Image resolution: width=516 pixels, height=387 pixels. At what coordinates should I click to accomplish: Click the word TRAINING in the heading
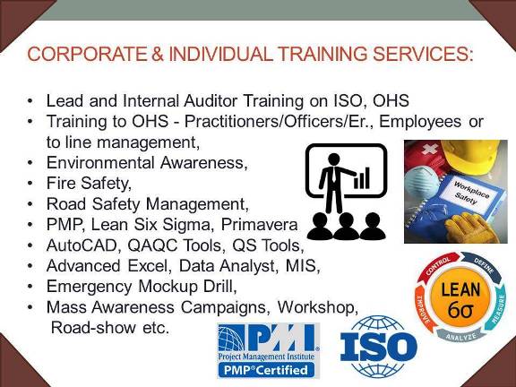pyautogui.click(x=322, y=54)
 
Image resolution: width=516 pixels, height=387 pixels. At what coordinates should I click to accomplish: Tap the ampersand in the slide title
pyautogui.click(x=158, y=54)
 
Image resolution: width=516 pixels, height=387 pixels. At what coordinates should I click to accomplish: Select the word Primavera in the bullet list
pyautogui.click(x=259, y=225)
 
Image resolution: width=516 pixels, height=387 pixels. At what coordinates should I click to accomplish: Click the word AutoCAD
pyautogui.click(x=82, y=245)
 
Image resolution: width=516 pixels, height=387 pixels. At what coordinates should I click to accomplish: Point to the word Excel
pyautogui.click(x=150, y=266)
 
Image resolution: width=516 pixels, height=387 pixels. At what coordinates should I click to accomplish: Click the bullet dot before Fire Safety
pyautogui.click(x=30, y=183)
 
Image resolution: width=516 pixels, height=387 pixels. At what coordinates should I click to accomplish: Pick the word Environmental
pyautogui.click(x=100, y=163)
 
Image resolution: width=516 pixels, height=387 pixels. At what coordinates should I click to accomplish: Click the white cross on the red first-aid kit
pyautogui.click(x=430, y=150)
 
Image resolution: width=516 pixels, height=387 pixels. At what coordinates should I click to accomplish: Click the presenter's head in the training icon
pyautogui.click(x=334, y=159)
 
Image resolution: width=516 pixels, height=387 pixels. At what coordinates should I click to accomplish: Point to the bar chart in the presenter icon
pyautogui.click(x=362, y=178)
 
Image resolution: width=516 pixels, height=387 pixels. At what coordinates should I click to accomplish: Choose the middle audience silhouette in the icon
pyautogui.click(x=346, y=226)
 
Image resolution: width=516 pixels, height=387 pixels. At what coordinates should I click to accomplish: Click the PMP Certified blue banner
pyautogui.click(x=266, y=370)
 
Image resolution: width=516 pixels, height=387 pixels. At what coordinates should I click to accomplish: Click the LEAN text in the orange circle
pyautogui.click(x=460, y=290)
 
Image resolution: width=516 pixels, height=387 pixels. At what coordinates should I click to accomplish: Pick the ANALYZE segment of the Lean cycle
pyautogui.click(x=461, y=336)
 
